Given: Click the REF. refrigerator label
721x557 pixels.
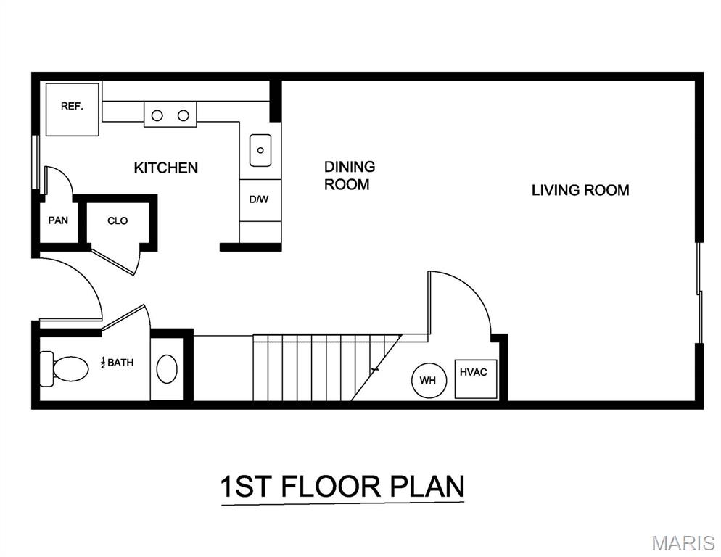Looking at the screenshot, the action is tap(73, 106).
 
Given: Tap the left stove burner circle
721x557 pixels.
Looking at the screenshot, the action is tap(157, 115).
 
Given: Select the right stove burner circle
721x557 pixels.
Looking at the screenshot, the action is tap(184, 115).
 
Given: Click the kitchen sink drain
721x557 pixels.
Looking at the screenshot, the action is tap(260, 150).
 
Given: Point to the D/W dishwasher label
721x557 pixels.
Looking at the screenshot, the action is tap(259, 199).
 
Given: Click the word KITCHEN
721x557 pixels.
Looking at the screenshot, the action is tap(166, 168).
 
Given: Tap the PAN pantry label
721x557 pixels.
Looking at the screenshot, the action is tap(59, 220).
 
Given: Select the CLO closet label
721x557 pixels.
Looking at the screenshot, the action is tap(118, 220).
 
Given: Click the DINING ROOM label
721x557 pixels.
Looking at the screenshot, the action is tap(350, 176).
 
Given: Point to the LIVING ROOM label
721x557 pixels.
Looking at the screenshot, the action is tap(580, 191).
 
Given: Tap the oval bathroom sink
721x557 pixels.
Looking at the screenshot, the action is tap(167, 369).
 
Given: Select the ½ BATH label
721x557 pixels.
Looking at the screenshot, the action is tap(117, 363).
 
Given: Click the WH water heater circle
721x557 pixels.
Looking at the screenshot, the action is tap(428, 380).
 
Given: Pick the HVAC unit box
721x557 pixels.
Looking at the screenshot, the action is tap(476, 379).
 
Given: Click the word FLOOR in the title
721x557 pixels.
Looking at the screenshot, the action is tap(331, 487).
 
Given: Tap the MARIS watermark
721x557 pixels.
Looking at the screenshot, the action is tap(683, 543).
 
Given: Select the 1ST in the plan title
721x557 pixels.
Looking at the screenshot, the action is tap(245, 487).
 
